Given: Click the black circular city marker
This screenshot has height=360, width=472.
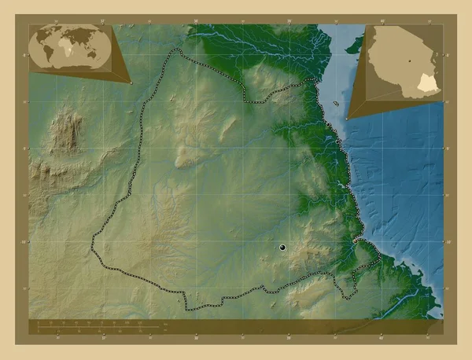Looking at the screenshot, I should click(282, 248).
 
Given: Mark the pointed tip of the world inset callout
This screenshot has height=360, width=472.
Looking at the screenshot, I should click(131, 81).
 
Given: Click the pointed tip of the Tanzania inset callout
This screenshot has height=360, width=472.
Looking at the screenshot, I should click(346, 119).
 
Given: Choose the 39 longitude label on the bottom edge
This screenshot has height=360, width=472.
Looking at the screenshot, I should click(289, 340).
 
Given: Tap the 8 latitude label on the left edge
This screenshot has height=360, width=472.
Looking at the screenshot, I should click(25, 56).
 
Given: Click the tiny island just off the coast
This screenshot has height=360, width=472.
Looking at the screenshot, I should click(337, 104).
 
